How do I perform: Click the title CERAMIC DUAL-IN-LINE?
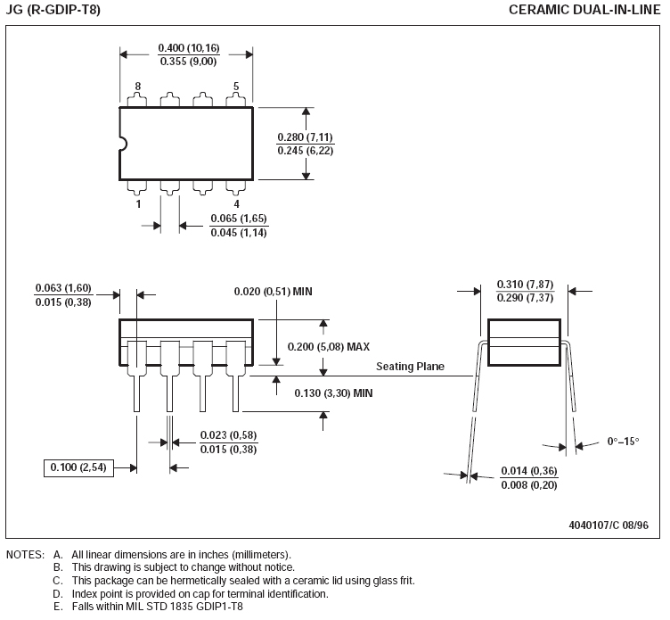click(x=585, y=10)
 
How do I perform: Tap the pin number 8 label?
click(x=138, y=87)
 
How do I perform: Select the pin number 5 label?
click(x=236, y=87)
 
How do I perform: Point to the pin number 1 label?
click(x=138, y=203)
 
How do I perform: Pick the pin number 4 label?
click(x=236, y=203)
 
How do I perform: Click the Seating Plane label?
click(x=410, y=367)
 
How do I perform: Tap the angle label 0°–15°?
click(x=624, y=442)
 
